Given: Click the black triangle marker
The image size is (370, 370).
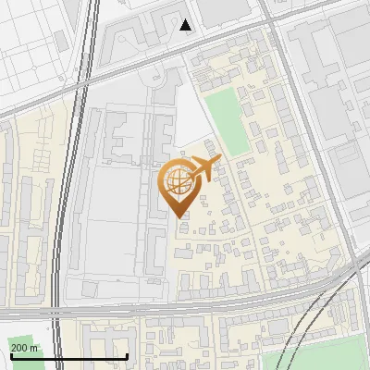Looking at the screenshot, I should (186, 25).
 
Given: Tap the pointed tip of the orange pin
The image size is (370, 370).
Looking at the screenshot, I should (179, 216).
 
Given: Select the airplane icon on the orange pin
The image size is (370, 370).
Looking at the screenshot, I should (203, 170).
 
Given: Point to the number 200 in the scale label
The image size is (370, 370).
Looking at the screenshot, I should (20, 348).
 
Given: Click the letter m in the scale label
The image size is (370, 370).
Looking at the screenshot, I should (35, 348).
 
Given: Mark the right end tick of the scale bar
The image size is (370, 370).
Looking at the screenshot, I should (127, 356).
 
